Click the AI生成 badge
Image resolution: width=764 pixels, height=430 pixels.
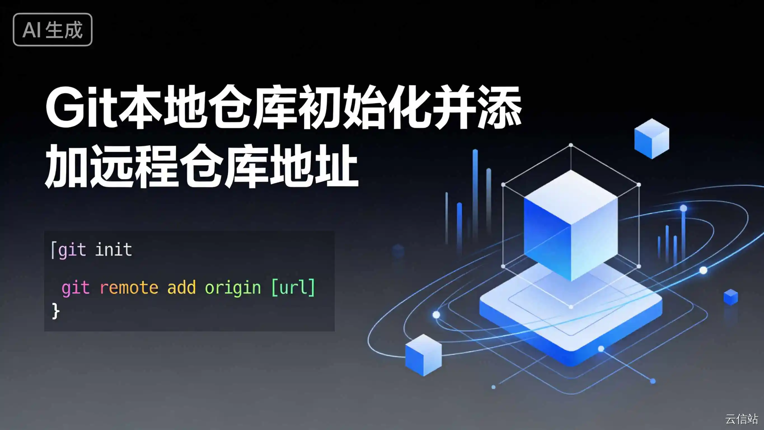[53, 29]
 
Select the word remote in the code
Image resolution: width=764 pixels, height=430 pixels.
[129, 287]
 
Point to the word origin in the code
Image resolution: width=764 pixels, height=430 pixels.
[233, 288]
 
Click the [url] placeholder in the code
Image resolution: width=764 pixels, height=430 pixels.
[293, 287]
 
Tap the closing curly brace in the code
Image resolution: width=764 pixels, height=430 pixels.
[56, 311]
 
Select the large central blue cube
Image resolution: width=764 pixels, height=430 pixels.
[571, 226]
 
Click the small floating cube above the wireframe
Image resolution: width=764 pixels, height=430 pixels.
[651, 138]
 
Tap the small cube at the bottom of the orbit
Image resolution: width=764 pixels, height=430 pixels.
[423, 355]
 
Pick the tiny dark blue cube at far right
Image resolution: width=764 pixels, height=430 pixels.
[731, 297]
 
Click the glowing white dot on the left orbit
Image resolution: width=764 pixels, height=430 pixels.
[436, 315]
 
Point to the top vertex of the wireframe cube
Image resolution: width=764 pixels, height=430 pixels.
[571, 145]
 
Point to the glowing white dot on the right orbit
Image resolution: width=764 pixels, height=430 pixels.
[703, 270]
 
